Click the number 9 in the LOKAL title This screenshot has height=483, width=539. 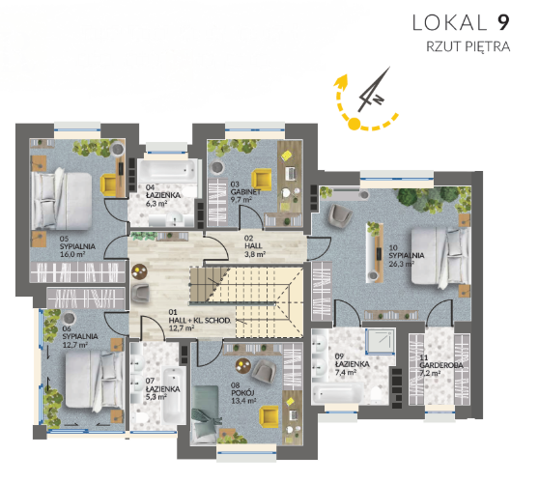pyautogui.click(x=502, y=22)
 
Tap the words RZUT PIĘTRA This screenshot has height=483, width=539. pyautogui.click(x=468, y=46)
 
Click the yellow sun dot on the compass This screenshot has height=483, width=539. pyautogui.click(x=355, y=124)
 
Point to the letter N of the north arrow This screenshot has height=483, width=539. pyautogui.click(x=379, y=99)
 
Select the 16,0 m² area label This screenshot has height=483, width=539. pyautogui.click(x=72, y=254)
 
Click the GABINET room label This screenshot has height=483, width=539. pyautogui.click(x=245, y=192)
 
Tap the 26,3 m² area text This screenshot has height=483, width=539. pyautogui.click(x=401, y=264)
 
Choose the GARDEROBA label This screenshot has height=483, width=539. pyautogui.click(x=441, y=365)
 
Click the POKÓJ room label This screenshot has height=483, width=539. pyautogui.click(x=243, y=393)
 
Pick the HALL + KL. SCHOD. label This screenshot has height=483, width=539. pyautogui.click(x=200, y=321)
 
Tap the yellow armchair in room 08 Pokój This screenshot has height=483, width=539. pyautogui.click(x=269, y=417)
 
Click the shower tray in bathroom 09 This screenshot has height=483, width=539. pyautogui.click(x=381, y=341)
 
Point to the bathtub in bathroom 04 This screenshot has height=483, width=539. pyautogui.click(x=166, y=171)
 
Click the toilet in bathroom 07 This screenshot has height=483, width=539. pyautogui.click(x=141, y=417)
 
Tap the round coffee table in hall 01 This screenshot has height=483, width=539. pyautogui.click(x=139, y=271)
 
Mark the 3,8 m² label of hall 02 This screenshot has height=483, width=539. pyautogui.click(x=255, y=254)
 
